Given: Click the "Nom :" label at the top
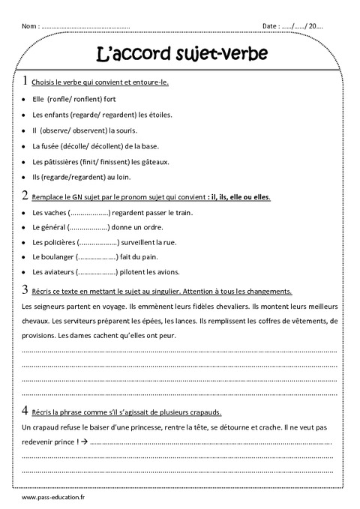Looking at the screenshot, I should click(31, 25).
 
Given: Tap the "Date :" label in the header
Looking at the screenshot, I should click(271, 25).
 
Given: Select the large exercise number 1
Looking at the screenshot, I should click(25, 81).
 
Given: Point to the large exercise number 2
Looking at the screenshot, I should click(25, 196).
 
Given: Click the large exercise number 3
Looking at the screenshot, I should click(25, 289).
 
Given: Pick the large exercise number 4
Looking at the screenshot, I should click(25, 410).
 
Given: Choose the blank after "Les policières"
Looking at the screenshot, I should click(97, 243).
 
